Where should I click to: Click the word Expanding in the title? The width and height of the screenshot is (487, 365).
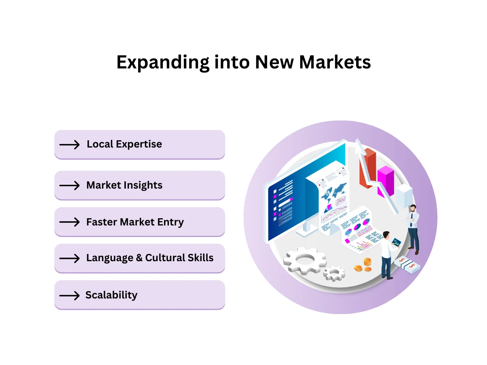(162, 63)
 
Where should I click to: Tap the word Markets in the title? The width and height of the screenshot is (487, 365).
(335, 62)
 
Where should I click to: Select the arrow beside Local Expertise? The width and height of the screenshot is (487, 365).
(70, 145)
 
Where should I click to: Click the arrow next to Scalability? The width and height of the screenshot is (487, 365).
(70, 296)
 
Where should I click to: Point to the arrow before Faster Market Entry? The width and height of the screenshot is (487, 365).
(70, 222)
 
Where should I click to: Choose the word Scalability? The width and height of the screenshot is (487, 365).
(111, 295)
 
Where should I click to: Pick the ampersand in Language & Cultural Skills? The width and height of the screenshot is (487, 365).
(139, 258)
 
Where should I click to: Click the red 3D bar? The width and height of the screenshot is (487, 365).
(368, 167)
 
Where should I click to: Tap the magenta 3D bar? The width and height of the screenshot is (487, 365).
(385, 181)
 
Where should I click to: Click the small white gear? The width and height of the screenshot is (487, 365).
(334, 273)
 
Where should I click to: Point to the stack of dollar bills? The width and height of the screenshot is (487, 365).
(407, 265)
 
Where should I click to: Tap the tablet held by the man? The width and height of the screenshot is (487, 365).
(396, 242)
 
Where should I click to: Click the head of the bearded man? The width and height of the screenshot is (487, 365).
(413, 209)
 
